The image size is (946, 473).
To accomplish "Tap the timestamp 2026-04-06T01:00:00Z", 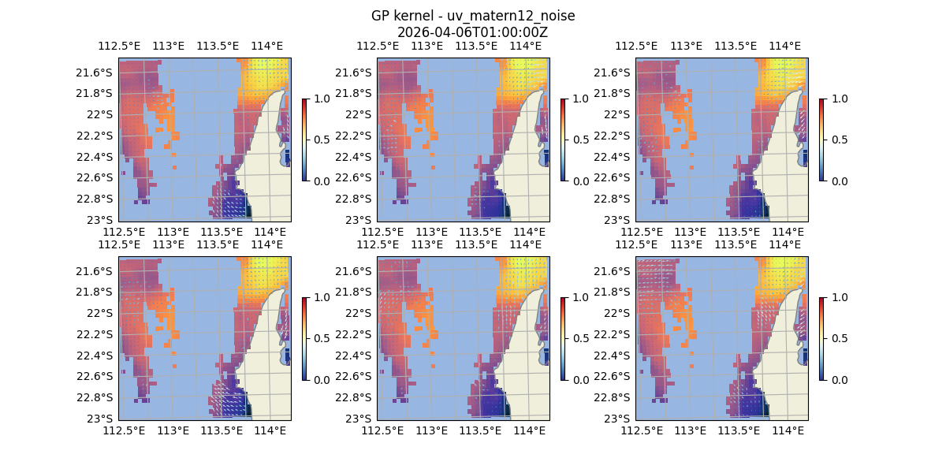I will (x=472, y=32).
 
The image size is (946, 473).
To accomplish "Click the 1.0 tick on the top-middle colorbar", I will (x=579, y=99).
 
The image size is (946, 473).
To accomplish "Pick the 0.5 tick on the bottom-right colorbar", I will (x=838, y=338).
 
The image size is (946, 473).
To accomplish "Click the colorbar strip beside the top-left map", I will (x=304, y=140).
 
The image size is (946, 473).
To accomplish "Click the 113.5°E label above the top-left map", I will (x=218, y=46).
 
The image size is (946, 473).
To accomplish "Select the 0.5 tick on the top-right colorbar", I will (x=838, y=140).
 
